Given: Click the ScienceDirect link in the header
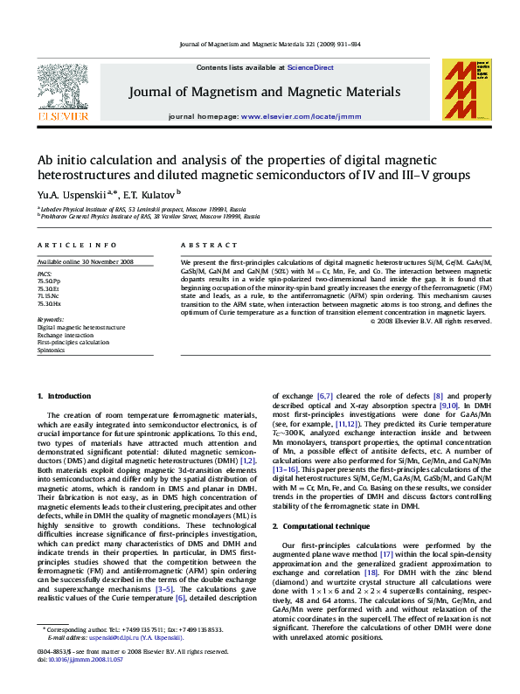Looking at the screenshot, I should tap(311, 67).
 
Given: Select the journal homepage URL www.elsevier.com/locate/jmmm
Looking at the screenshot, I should tap(288, 116).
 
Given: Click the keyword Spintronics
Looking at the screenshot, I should tap(51, 350).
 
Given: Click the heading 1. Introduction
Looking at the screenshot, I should tap(64, 397).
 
